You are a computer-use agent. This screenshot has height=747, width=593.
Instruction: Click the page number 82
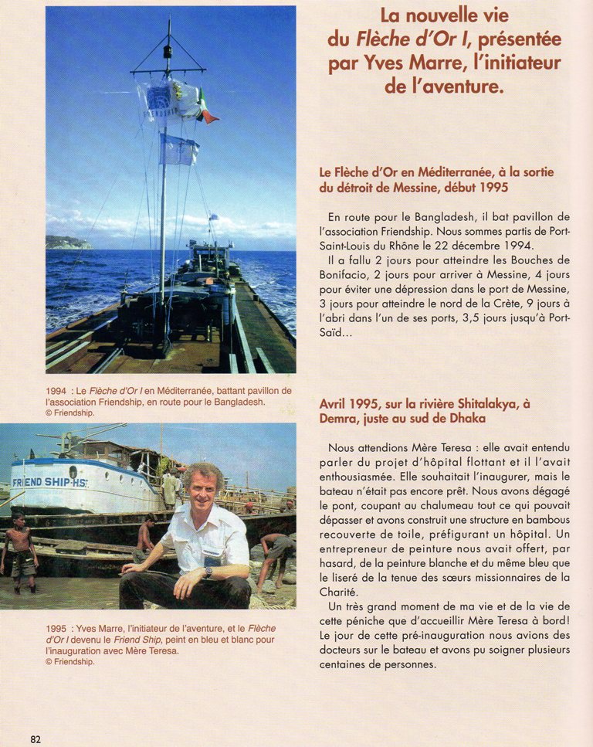(x=36, y=739)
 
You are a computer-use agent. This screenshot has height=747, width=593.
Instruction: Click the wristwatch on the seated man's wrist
(x=208, y=572)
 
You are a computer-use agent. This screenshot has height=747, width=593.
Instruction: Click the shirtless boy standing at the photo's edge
(x=21, y=551)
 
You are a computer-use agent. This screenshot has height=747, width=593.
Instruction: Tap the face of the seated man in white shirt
(x=202, y=490)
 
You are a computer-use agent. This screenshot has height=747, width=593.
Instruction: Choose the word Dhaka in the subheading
(x=468, y=418)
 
